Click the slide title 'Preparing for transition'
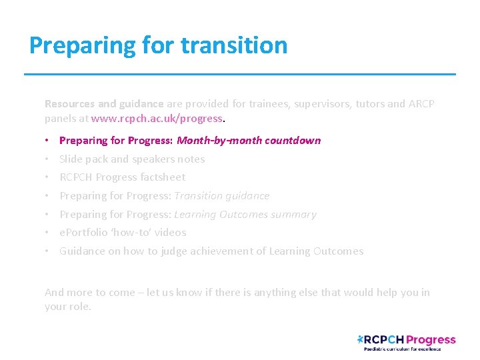coord(159,45)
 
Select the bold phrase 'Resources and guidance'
coord(103,104)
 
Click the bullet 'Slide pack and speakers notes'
coord(132,159)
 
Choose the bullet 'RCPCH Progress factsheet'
coord(122,177)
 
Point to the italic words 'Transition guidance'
coord(222,196)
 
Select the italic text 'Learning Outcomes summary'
coord(245,215)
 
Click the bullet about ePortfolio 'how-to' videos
coord(123,233)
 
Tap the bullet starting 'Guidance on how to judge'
coord(211,251)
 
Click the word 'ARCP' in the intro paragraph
coord(421,104)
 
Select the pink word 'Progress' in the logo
coord(431,340)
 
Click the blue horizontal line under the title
coord(240,74)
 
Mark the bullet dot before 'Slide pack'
coord(48,159)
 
